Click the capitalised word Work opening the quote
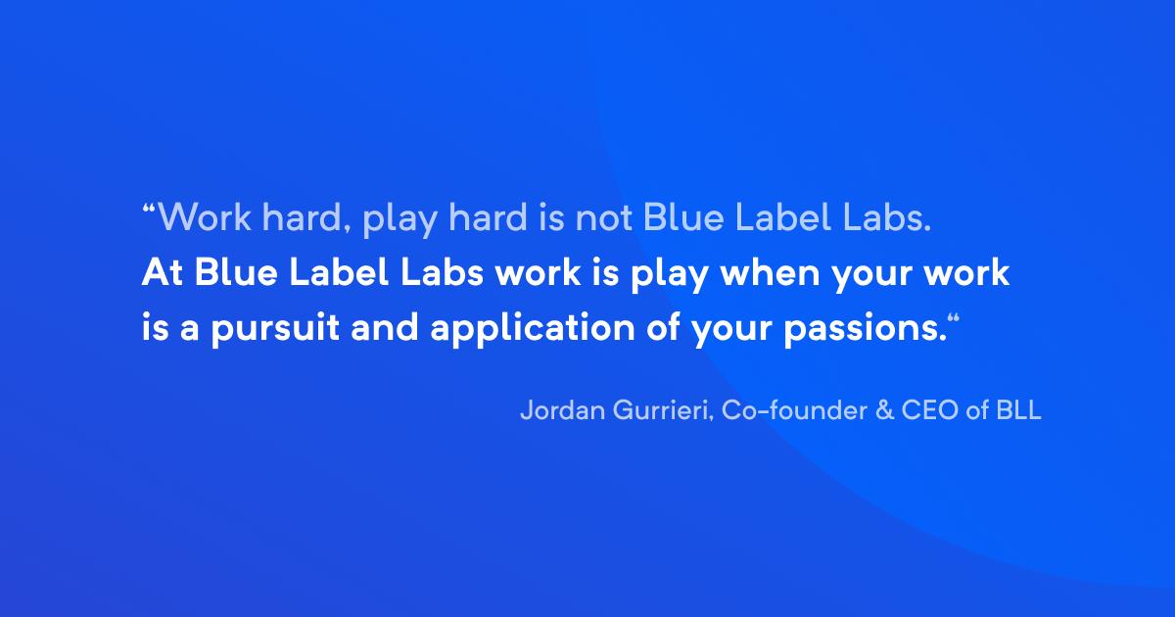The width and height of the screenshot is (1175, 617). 205,216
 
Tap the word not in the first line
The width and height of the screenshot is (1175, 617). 604,217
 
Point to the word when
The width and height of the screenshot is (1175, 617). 770,272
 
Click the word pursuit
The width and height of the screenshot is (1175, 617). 275,329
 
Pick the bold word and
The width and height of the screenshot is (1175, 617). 385,327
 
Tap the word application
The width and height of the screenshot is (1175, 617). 533,329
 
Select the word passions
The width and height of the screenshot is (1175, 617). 865,329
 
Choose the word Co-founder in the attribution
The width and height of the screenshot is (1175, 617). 794,409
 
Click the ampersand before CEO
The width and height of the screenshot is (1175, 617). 884,410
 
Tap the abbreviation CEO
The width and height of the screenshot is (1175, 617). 929,410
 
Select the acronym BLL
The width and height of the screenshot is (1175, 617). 1018,410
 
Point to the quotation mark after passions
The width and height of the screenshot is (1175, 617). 954,318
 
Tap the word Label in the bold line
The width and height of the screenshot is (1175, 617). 339,272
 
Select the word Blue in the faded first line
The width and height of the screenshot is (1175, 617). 683,217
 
